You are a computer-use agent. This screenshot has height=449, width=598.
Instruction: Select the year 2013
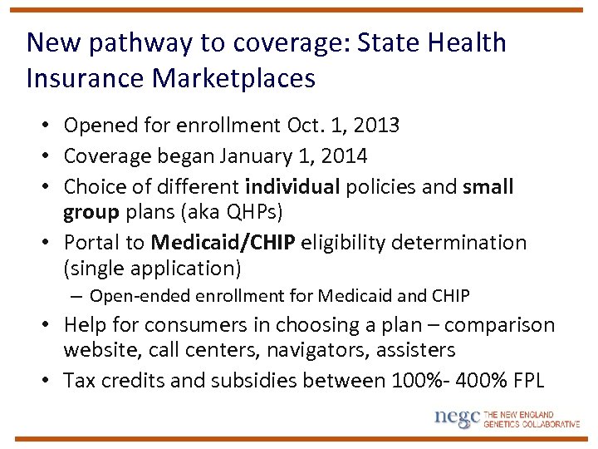pyautogui.click(x=375, y=126)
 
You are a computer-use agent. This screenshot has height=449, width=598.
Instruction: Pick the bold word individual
pyautogui.click(x=292, y=186)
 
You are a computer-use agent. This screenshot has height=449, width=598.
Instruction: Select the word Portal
pyautogui.click(x=93, y=243)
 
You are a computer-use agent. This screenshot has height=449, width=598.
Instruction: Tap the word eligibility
pyautogui.click(x=345, y=243)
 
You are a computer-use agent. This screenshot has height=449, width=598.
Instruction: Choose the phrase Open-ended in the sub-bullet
pyautogui.click(x=135, y=296)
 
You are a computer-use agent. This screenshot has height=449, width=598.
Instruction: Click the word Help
pyautogui.click(x=86, y=324)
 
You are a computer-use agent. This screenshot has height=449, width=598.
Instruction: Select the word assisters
pyautogui.click(x=415, y=350)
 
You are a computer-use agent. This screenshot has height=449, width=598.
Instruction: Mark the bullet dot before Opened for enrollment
pyautogui.click(x=50, y=126)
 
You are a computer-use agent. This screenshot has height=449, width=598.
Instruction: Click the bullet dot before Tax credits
pyautogui.click(x=50, y=382)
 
